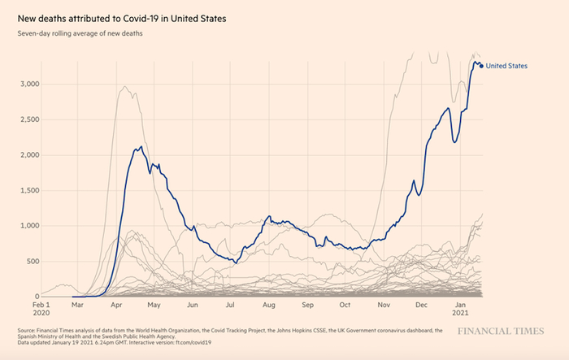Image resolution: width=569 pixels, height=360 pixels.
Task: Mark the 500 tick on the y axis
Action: coord(32,261)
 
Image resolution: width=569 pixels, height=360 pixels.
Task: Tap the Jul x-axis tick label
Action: coord(230,306)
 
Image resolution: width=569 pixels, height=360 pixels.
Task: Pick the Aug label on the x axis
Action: coord(269,306)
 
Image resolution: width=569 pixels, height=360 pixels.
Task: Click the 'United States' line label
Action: coord(506,66)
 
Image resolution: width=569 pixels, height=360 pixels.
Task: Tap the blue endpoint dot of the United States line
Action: coord(480,66)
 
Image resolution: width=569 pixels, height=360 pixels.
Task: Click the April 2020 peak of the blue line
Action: coord(141,147)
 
